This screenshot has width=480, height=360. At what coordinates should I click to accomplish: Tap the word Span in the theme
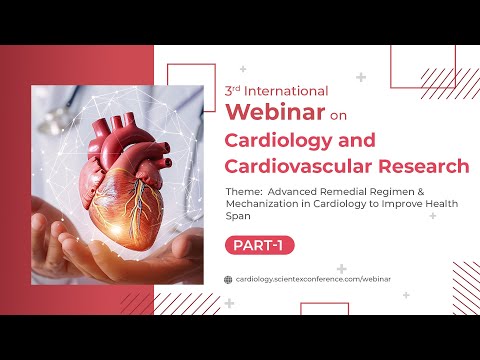tap(240, 215)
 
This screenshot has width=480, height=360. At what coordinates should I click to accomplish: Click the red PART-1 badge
tap(259, 244)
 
